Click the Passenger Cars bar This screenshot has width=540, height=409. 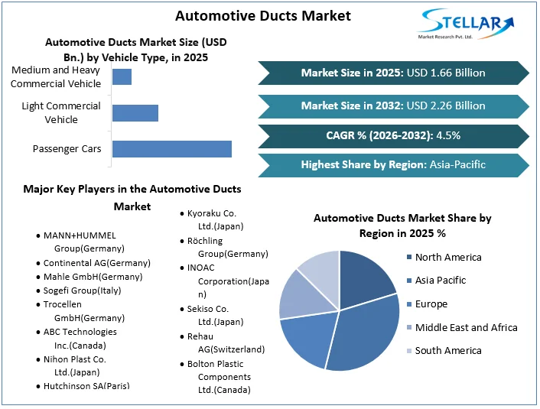(171, 149)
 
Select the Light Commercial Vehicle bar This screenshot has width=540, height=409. (135, 113)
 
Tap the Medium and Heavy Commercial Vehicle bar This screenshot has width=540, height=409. (122, 76)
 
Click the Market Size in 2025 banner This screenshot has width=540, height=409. (393, 73)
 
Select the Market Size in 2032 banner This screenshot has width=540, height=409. (393, 105)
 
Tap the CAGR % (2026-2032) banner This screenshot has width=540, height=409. (393, 136)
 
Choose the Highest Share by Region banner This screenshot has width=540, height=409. (393, 164)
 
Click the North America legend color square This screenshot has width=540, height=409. (408, 258)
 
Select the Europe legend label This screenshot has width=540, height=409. (431, 304)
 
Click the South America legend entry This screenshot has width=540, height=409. (448, 351)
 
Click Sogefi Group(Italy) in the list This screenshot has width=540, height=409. (82, 291)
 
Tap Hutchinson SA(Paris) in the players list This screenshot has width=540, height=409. (86, 387)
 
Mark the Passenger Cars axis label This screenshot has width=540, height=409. (67, 149)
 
